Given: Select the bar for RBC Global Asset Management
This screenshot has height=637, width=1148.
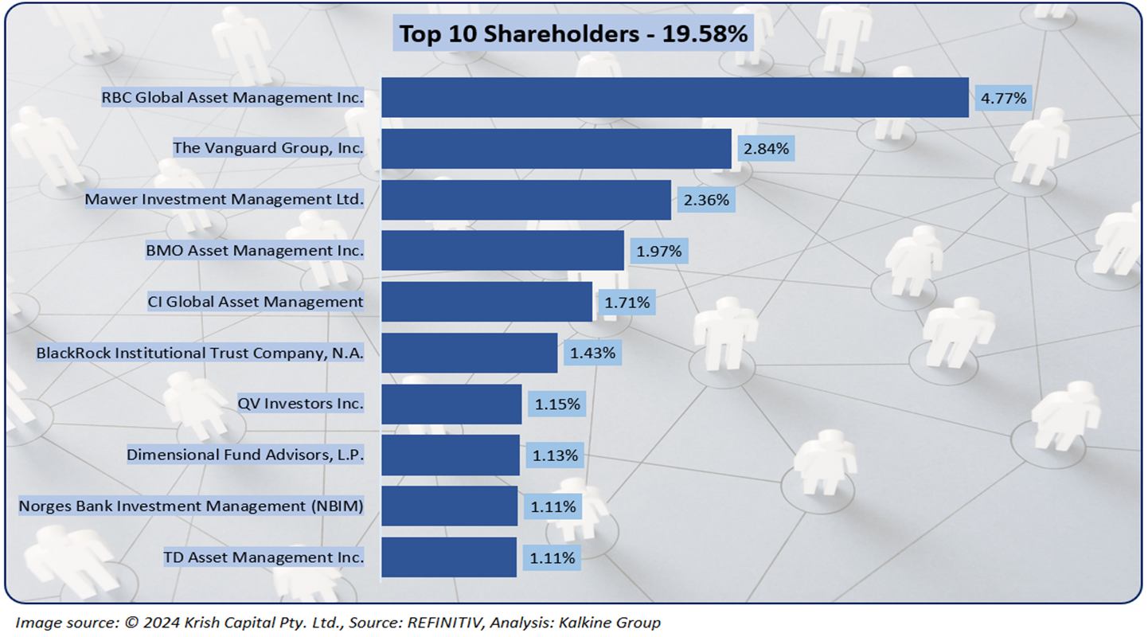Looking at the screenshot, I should pyautogui.click(x=674, y=98).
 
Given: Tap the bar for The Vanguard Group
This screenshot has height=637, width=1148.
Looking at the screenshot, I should pyautogui.click(x=556, y=149).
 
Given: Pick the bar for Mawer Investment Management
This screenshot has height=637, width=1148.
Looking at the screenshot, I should pyautogui.click(x=525, y=200).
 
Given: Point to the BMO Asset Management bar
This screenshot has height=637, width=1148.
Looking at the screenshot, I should pyautogui.click(x=502, y=251).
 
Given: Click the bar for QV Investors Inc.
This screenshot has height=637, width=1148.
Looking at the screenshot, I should pyautogui.click(x=451, y=404).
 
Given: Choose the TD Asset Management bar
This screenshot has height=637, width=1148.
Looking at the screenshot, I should pyautogui.click(x=449, y=557).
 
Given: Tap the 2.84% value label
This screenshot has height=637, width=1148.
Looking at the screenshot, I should pyautogui.click(x=767, y=149).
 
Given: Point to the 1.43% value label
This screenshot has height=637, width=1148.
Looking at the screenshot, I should pyautogui.click(x=592, y=353).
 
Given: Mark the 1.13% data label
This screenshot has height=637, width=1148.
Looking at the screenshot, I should pyautogui.click(x=555, y=455).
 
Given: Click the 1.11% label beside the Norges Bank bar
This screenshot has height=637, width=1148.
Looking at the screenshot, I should pyautogui.click(x=553, y=506).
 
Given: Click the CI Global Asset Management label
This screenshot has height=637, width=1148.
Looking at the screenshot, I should pyautogui.click(x=256, y=302).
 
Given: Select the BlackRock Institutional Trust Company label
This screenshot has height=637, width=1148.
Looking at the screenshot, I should pyautogui.click(x=200, y=353).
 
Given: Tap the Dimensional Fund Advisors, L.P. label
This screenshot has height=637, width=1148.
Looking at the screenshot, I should pyautogui.click(x=245, y=455).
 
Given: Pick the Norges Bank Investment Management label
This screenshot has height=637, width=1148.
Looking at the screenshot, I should pyautogui.click(x=191, y=506).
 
